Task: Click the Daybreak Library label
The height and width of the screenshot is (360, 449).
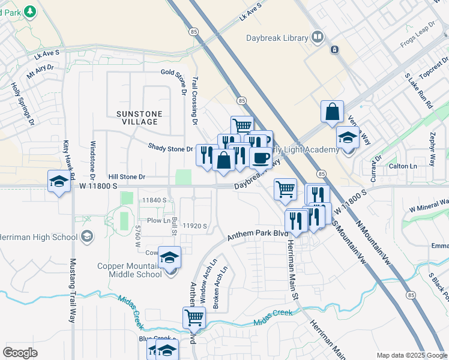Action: (x=277, y=38)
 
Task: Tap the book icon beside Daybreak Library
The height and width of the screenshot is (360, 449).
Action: (x=317, y=38)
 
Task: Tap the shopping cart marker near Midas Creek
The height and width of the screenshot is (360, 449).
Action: (x=194, y=317)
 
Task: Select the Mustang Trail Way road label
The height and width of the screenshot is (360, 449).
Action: (x=73, y=290)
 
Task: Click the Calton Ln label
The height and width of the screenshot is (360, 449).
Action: (x=403, y=166)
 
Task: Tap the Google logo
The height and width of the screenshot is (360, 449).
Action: (x=20, y=352)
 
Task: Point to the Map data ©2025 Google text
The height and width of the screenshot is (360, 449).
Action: (x=411, y=355)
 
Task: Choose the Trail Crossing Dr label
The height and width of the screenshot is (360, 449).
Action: (x=194, y=100)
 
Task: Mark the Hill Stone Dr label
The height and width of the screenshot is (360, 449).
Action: (x=127, y=177)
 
